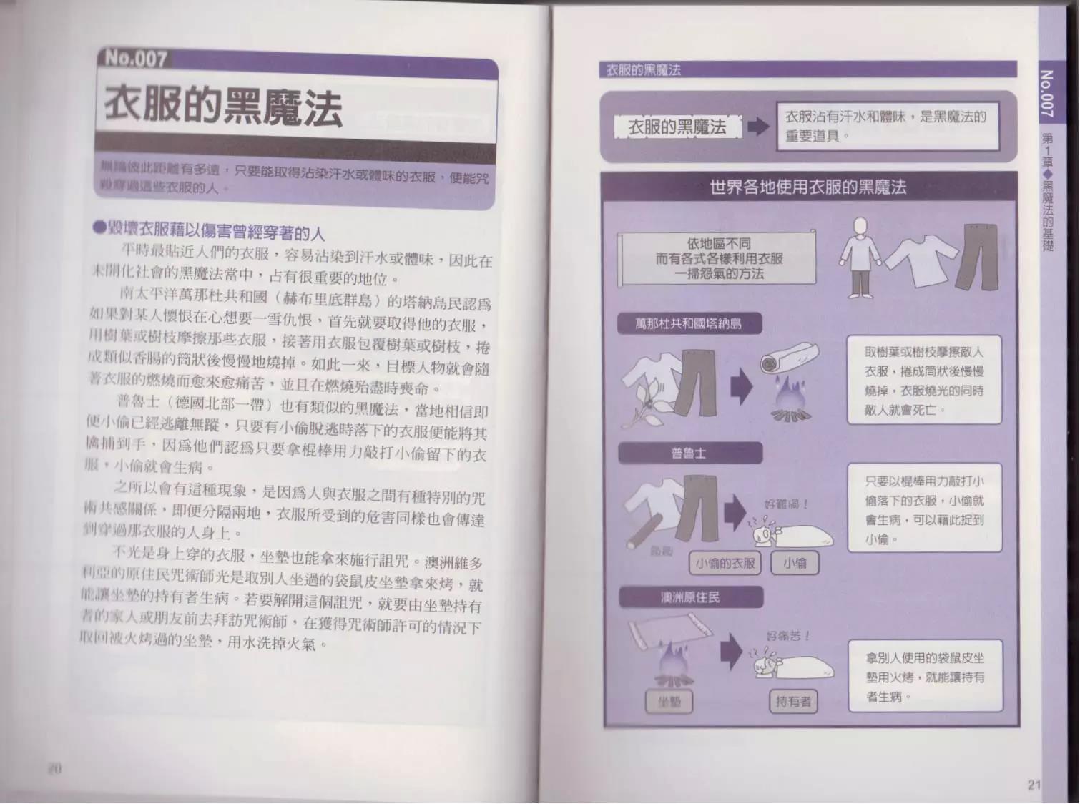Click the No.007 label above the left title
[135, 58]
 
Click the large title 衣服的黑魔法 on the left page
[222, 106]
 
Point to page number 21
[1034, 784]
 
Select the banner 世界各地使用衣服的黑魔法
[807, 187]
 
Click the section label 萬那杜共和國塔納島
[688, 324]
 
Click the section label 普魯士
[689, 453]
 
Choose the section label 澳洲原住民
[689, 597]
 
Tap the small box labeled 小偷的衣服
[725, 563]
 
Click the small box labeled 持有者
[793, 701]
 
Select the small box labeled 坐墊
[669, 702]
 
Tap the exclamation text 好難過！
[786, 504]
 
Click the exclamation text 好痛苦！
[787, 635]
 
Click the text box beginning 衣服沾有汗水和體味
[887, 126]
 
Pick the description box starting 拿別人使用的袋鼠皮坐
[925, 676]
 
